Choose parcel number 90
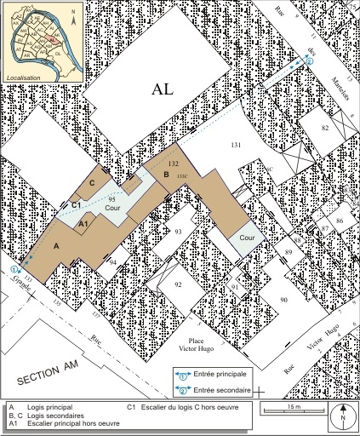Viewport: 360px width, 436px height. (x=283, y=300)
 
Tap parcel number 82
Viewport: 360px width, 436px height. (x=325, y=127)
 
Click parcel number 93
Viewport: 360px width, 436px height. (x=179, y=231)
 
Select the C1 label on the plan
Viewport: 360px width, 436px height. (x=76, y=204)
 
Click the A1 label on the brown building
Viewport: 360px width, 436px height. (x=83, y=223)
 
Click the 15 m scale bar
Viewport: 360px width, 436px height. (x=292, y=410)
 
